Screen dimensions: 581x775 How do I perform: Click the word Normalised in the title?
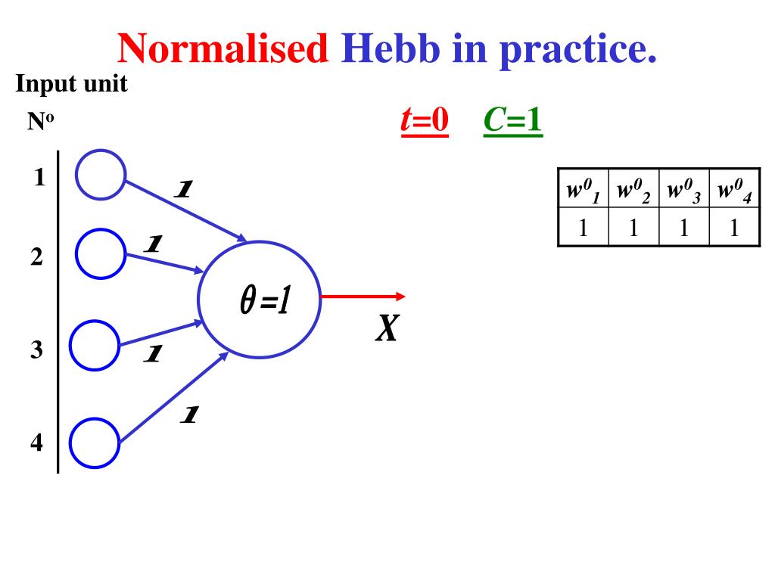223,49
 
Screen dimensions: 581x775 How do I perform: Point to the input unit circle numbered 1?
101,174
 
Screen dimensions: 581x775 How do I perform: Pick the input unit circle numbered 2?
101,253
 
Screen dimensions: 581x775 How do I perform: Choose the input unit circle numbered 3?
95,346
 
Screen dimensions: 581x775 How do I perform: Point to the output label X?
387,328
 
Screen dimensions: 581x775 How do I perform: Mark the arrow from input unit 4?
174,397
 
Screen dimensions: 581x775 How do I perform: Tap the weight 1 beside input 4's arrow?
189,415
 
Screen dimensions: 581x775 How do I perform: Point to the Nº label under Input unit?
40,122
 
